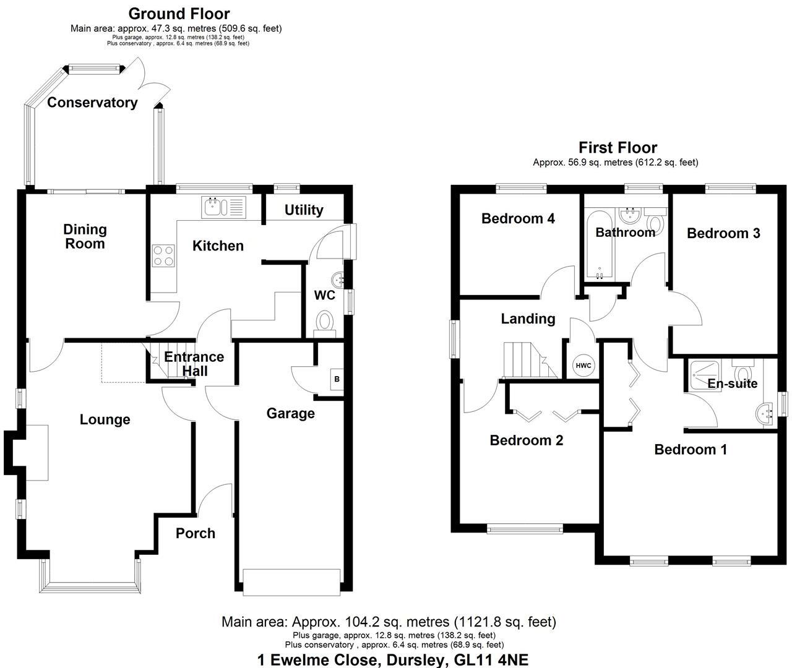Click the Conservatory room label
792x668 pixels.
(92, 103)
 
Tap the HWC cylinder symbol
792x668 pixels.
(583, 366)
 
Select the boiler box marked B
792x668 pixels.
(337, 379)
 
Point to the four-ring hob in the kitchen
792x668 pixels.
(164, 255)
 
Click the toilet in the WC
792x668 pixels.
(324, 322)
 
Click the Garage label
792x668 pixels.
(290, 413)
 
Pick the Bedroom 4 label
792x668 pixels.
(518, 218)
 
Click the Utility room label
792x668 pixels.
(304, 210)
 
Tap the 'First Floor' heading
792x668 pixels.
(618, 147)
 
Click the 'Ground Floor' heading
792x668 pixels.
(179, 14)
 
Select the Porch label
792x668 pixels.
(196, 533)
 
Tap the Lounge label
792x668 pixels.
(105, 419)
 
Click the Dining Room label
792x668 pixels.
(85, 236)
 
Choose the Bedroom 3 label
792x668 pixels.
(723, 233)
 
